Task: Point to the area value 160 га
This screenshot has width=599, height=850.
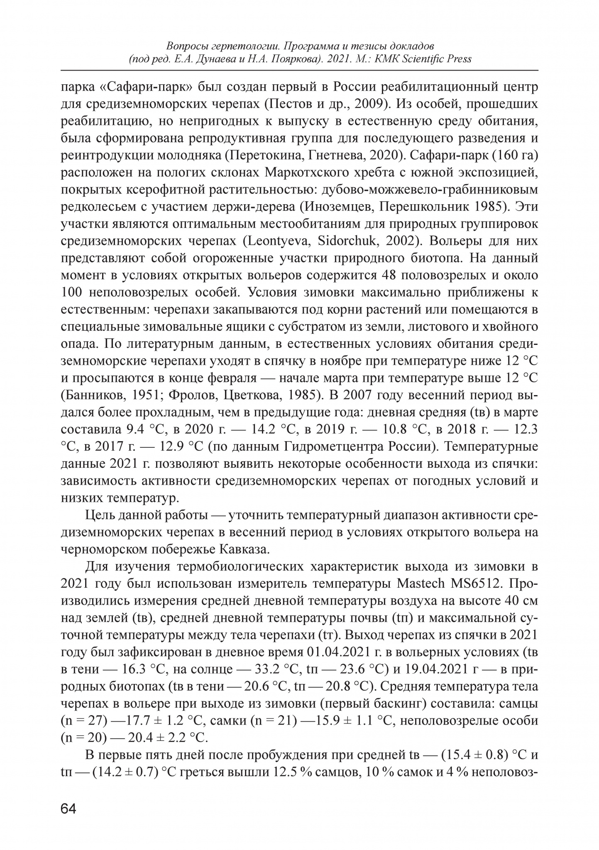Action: pos(515,155)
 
